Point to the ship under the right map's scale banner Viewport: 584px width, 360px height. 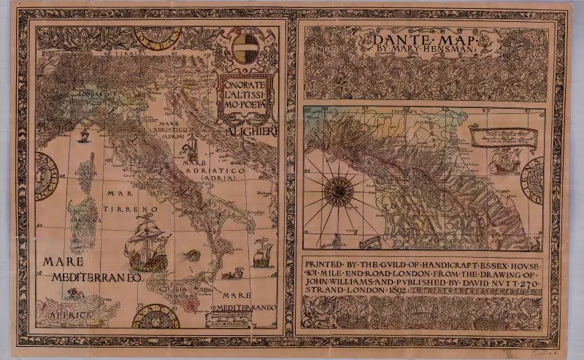[x=504, y=162]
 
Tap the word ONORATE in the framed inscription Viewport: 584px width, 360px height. [x=247, y=85]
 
